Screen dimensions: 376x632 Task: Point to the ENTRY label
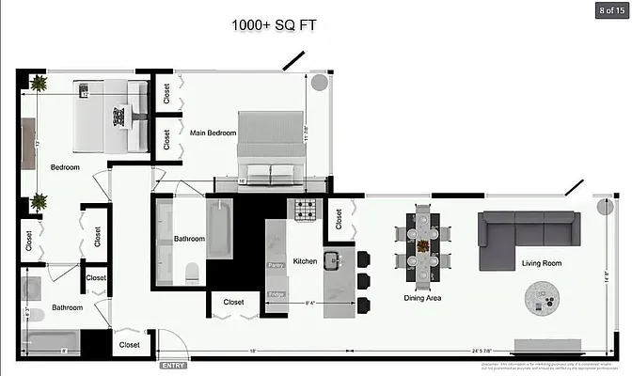pyautogui.click(x=173, y=365)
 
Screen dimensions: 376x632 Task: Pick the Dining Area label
pyautogui.click(x=422, y=298)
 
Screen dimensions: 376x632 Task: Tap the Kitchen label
pyautogui.click(x=305, y=260)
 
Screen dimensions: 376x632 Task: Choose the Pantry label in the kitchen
pyautogui.click(x=276, y=266)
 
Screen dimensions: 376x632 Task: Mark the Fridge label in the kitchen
pyautogui.click(x=276, y=295)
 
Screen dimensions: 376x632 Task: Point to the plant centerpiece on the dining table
pyautogui.click(x=423, y=246)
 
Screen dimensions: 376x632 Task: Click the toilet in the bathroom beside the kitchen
pyautogui.click(x=193, y=273)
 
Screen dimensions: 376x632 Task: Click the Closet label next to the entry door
pyautogui.click(x=129, y=345)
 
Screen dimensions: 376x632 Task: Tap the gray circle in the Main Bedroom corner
pyautogui.click(x=319, y=83)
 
